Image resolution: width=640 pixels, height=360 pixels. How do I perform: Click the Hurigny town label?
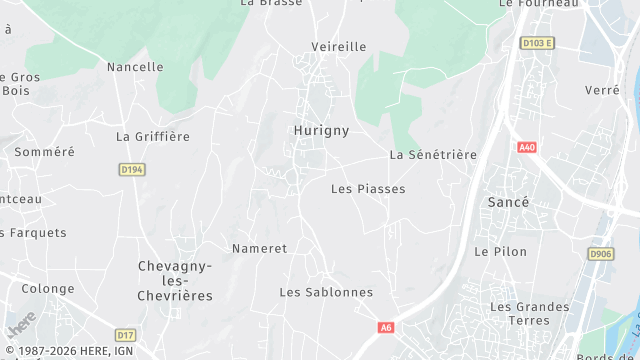click(320, 130)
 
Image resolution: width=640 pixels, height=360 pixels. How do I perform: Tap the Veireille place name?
click(338, 47)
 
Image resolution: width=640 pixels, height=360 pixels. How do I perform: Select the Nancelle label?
click(135, 67)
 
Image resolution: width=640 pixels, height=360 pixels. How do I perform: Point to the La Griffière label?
click(153, 136)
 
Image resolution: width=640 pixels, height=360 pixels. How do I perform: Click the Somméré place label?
click(44, 152)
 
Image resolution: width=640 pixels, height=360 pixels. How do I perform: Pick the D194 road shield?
click(131, 170)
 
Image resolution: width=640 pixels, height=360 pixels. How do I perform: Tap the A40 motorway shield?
click(527, 147)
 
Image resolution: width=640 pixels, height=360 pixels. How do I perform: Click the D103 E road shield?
click(537, 43)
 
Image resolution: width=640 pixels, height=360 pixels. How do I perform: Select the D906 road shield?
click(601, 254)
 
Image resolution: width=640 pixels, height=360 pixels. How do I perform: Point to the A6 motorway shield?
click(386, 327)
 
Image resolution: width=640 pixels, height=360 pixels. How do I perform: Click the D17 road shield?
click(125, 335)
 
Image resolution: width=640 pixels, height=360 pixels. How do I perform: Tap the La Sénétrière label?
click(433, 155)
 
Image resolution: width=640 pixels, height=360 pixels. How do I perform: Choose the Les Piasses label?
click(368, 188)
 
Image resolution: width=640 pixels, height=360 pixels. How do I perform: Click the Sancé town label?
click(508, 202)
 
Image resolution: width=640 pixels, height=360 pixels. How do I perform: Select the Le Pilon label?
click(494, 251)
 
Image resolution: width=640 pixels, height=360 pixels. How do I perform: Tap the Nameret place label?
click(259, 248)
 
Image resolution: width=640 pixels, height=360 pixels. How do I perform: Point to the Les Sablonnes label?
click(326, 292)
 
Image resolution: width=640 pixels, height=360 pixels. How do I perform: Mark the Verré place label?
click(602, 90)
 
